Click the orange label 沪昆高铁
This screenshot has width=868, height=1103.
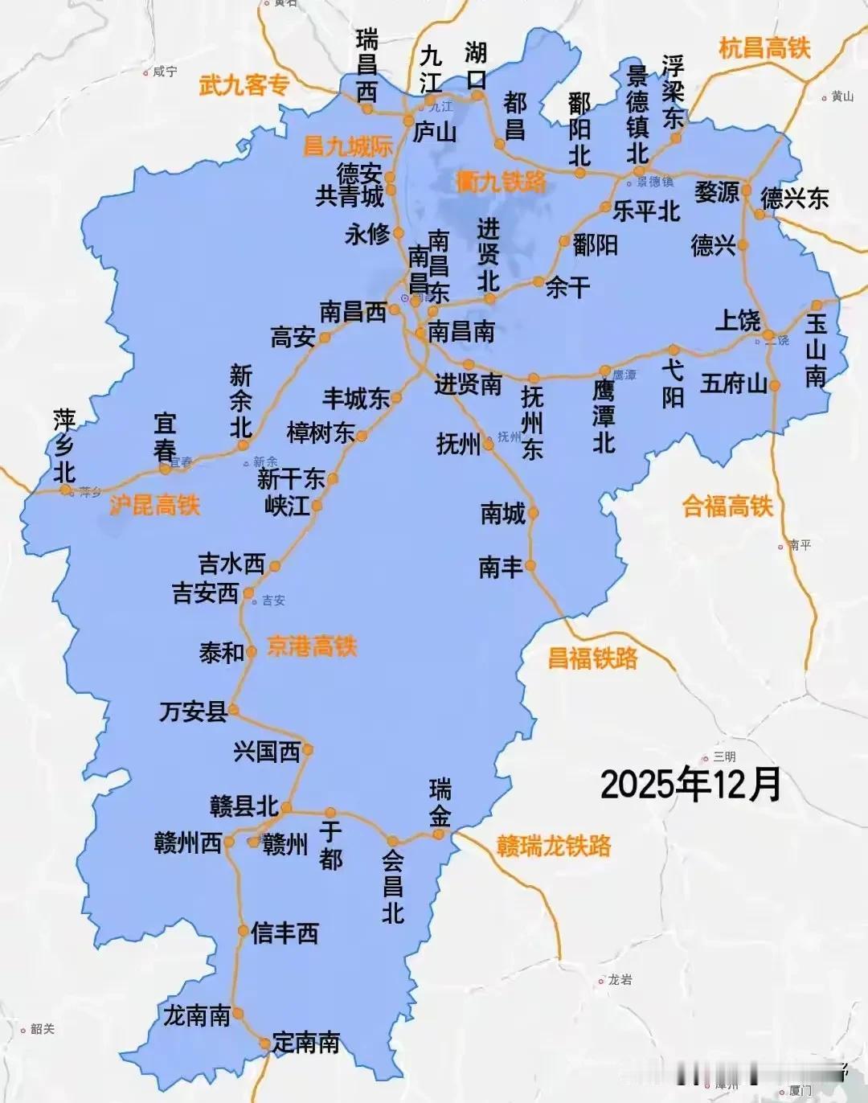154,505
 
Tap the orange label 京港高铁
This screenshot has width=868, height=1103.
312,646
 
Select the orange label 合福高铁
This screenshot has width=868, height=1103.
727,506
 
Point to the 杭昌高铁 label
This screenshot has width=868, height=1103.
764,48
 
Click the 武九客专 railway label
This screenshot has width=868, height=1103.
244,84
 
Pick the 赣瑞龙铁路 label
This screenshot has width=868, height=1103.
554,846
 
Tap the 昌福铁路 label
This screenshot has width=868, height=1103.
592,658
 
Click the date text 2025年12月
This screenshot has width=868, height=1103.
690,784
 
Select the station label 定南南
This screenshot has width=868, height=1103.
306,1043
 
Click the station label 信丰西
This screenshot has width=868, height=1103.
285,933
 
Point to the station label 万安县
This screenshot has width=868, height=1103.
193,711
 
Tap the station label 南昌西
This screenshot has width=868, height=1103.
353,312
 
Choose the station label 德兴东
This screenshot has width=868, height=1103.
795,198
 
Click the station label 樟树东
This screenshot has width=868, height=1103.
321,433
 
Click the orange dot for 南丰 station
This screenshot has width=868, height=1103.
530,566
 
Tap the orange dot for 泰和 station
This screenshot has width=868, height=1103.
252,652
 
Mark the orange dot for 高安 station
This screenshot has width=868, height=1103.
325,338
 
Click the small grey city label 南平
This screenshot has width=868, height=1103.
800,545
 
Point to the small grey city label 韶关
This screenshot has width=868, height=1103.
42,1029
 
